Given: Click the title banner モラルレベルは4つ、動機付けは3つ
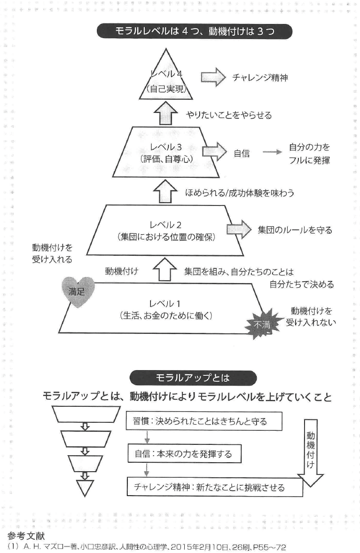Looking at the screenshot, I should [195, 32].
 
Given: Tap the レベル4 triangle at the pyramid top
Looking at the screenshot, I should [167, 82].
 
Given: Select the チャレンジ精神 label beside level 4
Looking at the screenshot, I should [260, 78].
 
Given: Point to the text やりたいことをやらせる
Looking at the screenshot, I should [229, 115].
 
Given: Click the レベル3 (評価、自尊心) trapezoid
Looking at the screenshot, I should [167, 153].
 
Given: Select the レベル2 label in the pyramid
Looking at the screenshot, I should [167, 225].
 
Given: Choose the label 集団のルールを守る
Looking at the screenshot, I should [295, 230].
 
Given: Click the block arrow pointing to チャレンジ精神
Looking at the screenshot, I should [213, 78].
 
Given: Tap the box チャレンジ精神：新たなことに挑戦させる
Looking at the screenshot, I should [207, 487].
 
